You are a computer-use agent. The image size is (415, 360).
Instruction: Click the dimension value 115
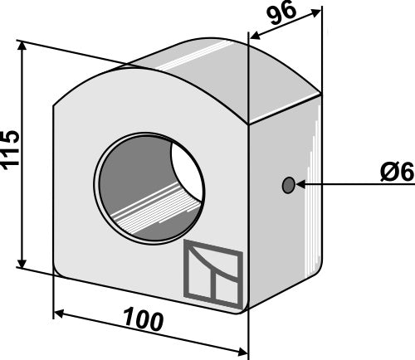[11, 149]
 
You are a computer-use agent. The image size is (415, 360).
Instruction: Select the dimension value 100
[144, 320]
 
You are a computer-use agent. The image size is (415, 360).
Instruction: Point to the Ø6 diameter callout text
[398, 172]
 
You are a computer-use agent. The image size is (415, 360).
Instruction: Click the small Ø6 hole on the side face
[288, 185]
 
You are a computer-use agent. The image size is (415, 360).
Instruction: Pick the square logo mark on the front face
[213, 274]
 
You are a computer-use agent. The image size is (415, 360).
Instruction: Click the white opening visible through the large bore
[186, 172]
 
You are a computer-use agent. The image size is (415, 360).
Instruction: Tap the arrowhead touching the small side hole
[300, 184]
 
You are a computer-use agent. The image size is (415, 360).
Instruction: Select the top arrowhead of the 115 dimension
[22, 46]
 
